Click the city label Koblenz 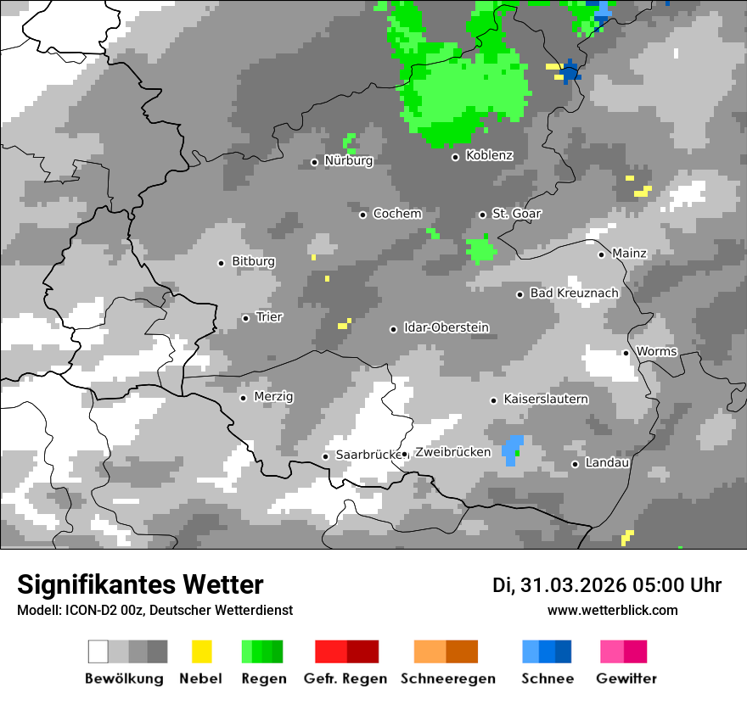point(489,155)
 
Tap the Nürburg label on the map point(348,160)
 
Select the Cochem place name point(396,214)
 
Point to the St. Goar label point(516,214)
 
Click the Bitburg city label point(253,261)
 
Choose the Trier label point(269,317)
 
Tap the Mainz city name point(629,254)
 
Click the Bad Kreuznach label point(574,293)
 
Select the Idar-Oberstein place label point(446,328)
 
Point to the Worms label point(656,351)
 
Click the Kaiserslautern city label point(546,399)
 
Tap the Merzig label point(273,397)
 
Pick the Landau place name point(607,463)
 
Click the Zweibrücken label point(452,452)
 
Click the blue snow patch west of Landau point(512,450)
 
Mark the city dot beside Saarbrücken point(325,456)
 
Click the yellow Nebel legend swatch point(201,651)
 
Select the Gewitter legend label point(626,679)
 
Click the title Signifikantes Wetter point(140,584)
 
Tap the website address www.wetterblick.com point(612,610)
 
